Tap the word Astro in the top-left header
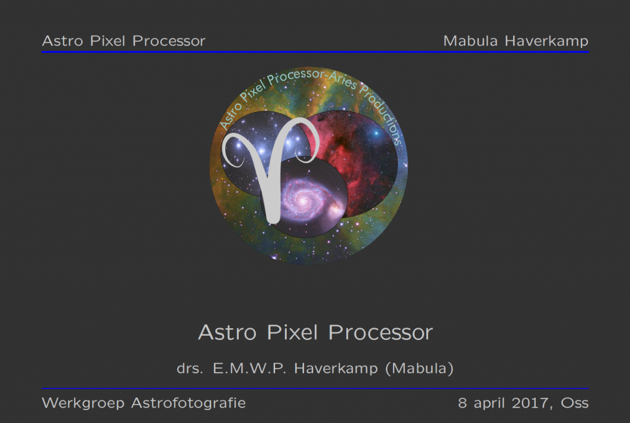pos(60,41)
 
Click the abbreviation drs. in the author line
pos(190,369)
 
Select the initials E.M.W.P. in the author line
pos(251,369)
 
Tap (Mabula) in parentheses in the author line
pos(420,369)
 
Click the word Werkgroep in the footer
pos(82,404)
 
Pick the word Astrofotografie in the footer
pos(188,404)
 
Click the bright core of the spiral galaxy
pos(301,198)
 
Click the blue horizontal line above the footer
pos(315,389)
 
